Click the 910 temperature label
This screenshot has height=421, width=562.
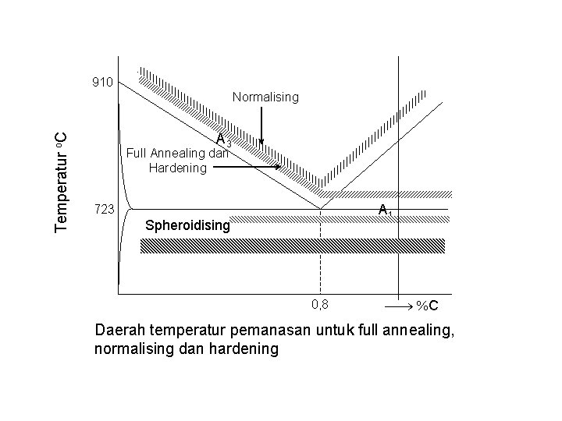pyautogui.click(x=102, y=82)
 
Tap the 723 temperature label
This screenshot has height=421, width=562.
pyautogui.click(x=102, y=210)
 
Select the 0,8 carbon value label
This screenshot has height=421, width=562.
pyautogui.click(x=321, y=303)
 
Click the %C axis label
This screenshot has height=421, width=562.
pyautogui.click(x=426, y=306)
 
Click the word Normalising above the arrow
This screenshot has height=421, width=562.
pyautogui.click(x=265, y=97)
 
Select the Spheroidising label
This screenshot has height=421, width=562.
pyautogui.click(x=188, y=226)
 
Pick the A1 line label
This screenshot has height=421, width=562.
pyautogui.click(x=384, y=210)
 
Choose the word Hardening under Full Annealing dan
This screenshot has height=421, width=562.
pyautogui.click(x=177, y=167)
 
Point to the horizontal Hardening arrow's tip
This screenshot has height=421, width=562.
pyautogui.click(x=279, y=167)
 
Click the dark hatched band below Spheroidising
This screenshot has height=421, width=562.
pyautogui.click(x=292, y=246)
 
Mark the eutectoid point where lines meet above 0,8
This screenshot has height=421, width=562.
pyautogui.click(x=321, y=208)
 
